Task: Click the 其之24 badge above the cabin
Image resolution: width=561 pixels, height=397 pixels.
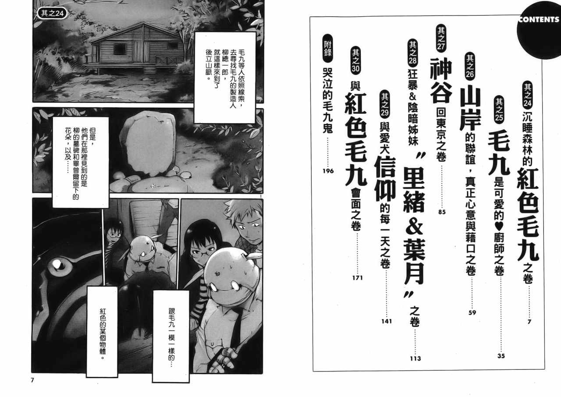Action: (x=52, y=13)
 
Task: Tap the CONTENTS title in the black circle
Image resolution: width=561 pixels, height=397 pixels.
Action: (x=539, y=20)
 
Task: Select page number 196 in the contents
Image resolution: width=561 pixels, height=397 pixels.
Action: (x=328, y=171)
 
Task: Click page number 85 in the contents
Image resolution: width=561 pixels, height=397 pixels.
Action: (x=442, y=212)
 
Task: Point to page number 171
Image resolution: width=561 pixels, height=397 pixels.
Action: (x=357, y=278)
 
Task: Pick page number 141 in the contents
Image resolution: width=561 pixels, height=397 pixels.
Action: (x=387, y=321)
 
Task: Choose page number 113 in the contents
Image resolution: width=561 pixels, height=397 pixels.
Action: (x=415, y=359)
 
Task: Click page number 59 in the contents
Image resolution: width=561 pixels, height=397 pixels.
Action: (x=472, y=312)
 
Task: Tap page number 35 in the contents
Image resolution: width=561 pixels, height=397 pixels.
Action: (x=501, y=356)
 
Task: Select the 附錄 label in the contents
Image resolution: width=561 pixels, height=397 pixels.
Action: (x=328, y=48)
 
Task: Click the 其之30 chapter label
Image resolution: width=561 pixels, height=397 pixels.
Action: (x=355, y=60)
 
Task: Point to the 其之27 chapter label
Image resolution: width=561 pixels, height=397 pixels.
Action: (x=441, y=38)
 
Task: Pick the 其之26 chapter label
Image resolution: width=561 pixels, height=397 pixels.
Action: (x=470, y=66)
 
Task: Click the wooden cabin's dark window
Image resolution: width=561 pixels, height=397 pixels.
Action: (x=120, y=49)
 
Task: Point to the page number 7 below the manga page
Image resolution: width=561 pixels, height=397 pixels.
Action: (x=32, y=380)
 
